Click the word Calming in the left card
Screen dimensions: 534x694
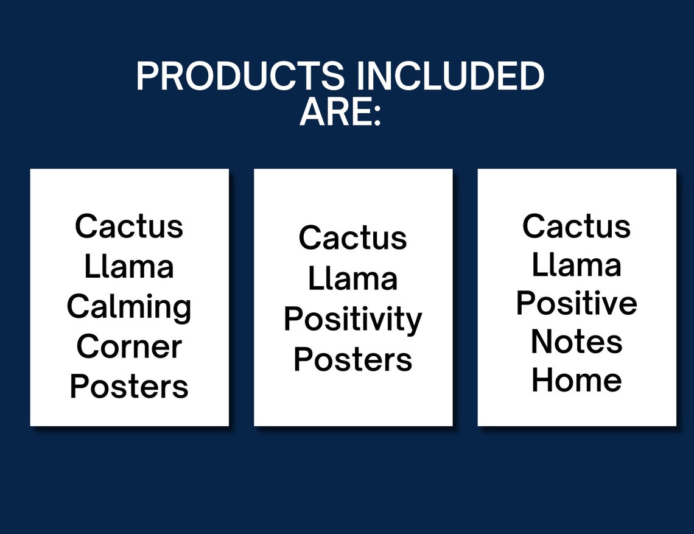click(x=129, y=307)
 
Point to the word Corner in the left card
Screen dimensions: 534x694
click(x=129, y=346)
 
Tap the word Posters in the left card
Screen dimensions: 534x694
click(x=129, y=386)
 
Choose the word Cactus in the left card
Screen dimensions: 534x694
click(x=129, y=226)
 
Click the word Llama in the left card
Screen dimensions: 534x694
click(x=129, y=266)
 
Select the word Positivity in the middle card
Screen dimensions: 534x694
click(x=352, y=320)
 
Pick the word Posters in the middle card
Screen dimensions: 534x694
click(x=352, y=359)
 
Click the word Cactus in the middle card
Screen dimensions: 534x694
click(x=352, y=237)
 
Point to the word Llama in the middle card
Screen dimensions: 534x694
click(x=352, y=278)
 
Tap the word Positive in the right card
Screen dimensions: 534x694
click(x=577, y=303)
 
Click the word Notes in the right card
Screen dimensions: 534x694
click(x=577, y=342)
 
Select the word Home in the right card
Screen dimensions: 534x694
click(x=577, y=380)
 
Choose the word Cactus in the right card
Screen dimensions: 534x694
click(x=577, y=226)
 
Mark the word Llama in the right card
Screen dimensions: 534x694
click(x=577, y=265)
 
